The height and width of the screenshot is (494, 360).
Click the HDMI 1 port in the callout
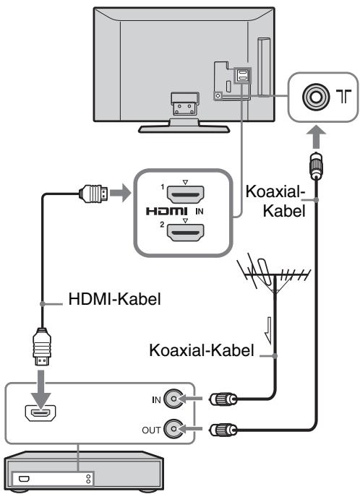185,194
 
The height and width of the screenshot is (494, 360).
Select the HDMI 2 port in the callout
185,233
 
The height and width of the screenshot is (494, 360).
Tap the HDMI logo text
167,211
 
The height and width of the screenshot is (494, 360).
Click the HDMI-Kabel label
114,299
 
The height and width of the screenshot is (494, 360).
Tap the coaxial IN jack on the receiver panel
173,399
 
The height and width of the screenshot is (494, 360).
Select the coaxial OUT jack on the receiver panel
173,428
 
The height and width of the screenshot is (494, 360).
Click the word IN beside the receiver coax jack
156,400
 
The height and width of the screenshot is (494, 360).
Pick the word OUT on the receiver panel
151,430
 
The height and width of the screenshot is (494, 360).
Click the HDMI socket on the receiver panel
40,413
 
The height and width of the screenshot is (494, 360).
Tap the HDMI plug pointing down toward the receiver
42,347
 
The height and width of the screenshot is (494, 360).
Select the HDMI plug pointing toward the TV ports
93,194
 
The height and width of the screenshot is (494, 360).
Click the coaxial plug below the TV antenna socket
316,165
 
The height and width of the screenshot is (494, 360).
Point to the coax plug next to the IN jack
223,399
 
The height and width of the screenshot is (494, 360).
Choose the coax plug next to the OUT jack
223,430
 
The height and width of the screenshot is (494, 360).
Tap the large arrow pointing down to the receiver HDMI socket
42,386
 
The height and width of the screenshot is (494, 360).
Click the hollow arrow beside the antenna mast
268,331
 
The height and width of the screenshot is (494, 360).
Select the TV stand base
184,129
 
